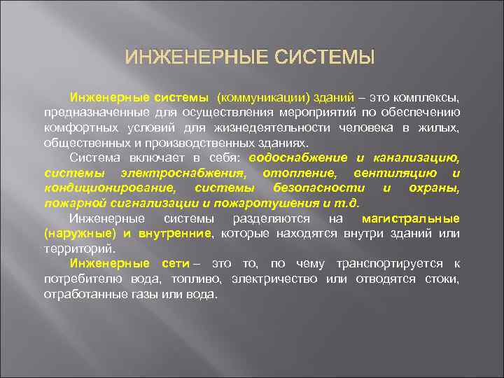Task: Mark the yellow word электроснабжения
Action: coord(182,173)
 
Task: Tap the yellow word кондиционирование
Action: coord(110,188)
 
